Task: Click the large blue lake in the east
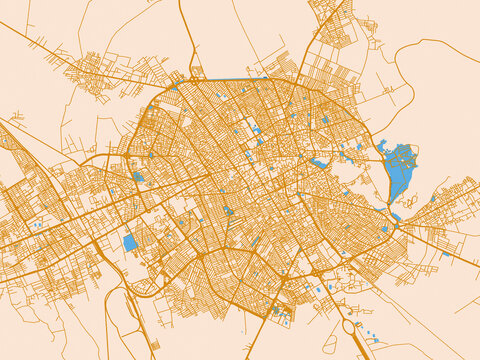(x=400, y=160)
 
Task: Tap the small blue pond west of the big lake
(x=319, y=162)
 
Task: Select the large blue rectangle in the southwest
(x=130, y=243)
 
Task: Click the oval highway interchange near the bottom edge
(x=348, y=324)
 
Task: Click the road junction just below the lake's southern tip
(x=398, y=224)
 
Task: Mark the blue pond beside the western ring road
(x=138, y=177)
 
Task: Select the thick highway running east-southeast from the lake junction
(x=440, y=245)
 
